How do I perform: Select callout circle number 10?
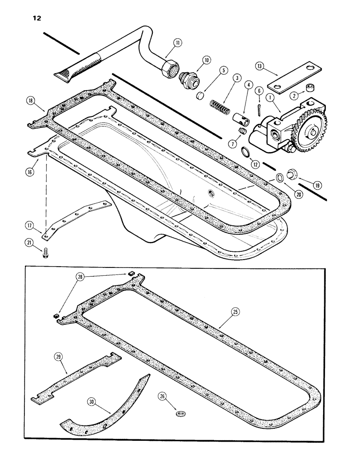(205, 60)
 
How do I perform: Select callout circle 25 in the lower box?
(235, 313)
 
